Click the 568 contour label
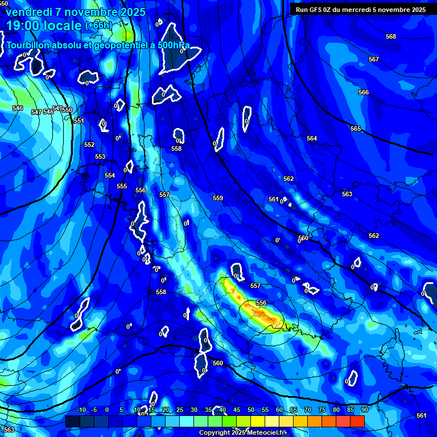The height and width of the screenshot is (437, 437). pyautogui.click(x=390, y=37)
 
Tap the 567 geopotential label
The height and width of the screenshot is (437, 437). pyautogui.click(x=373, y=60)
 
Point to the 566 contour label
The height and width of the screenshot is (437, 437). pyautogui.click(x=363, y=93)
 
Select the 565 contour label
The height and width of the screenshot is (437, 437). pyautogui.click(x=356, y=129)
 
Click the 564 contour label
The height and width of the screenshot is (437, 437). pyautogui.click(x=312, y=139)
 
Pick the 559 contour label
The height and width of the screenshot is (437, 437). pyautogui.click(x=218, y=199)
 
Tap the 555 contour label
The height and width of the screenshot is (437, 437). pyautogui.click(x=122, y=187)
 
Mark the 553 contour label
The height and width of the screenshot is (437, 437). pyautogui.click(x=100, y=157)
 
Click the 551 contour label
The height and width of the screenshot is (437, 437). pyautogui.click(x=79, y=121)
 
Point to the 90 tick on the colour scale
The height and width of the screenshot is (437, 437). pyautogui.click(x=364, y=410)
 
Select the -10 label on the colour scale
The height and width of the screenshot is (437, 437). pyautogui.click(x=81, y=410)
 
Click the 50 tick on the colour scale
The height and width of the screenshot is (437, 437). pyautogui.click(x=251, y=410)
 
